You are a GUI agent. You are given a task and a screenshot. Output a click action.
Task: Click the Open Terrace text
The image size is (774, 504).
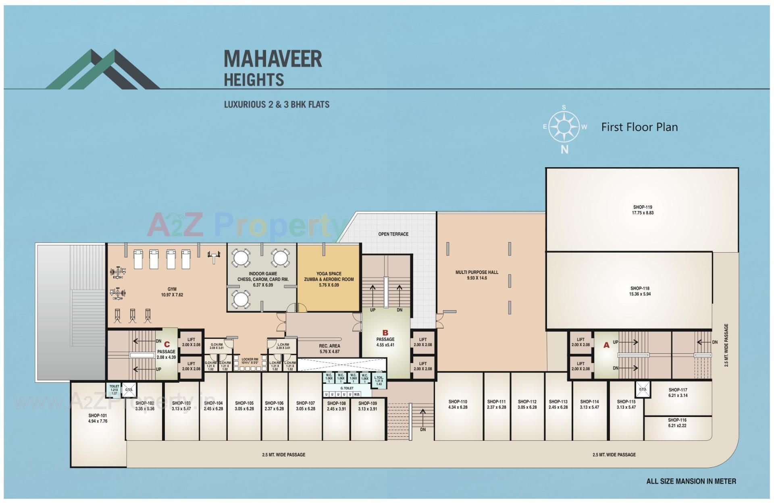point(393,234)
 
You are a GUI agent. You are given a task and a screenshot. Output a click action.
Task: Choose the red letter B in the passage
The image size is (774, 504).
point(385,333)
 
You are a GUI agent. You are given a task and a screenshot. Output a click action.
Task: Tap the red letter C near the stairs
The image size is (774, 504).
point(167,344)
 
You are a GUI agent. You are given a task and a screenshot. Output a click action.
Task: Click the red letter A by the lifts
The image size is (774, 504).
point(606,345)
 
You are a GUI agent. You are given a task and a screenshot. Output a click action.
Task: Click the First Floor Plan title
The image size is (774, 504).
point(639,127)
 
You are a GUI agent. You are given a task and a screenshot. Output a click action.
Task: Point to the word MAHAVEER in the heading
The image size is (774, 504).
point(273,59)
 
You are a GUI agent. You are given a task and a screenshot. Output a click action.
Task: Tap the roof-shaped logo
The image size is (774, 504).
point(103,69)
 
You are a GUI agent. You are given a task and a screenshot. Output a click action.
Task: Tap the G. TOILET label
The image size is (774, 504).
point(347,388)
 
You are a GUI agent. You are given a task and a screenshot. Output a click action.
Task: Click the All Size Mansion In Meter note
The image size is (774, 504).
point(691,481)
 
